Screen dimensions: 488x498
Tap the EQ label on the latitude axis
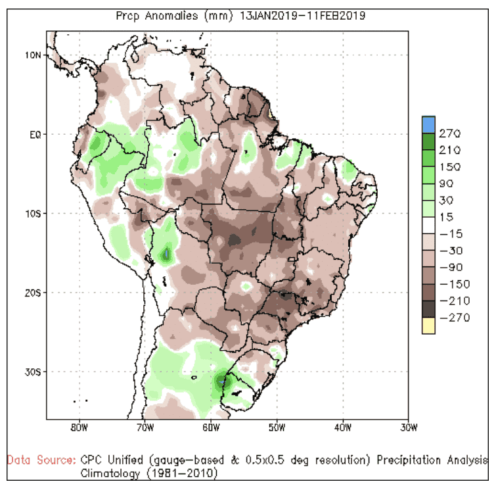(x=35, y=135)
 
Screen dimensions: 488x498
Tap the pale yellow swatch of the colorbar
(x=428, y=326)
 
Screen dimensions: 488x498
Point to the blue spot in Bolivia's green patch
(x=168, y=253)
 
